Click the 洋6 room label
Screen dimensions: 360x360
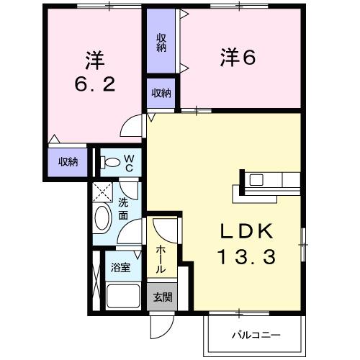coord(238,58)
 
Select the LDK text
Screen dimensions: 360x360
coord(246,231)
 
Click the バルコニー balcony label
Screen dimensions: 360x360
coord(255,335)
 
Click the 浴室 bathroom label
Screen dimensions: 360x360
coord(120,267)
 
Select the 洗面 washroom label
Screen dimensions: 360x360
coord(123,209)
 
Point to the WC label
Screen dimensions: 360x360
coord(128,163)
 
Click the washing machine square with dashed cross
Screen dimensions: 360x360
coord(102,192)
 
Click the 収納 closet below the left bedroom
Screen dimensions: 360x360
coord(68,161)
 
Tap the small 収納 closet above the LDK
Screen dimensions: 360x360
coord(161,93)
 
